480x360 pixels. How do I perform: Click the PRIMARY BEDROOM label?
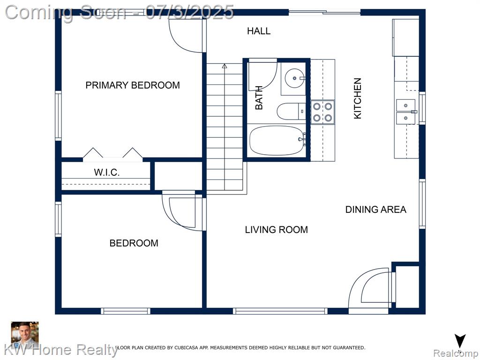(x=133, y=85)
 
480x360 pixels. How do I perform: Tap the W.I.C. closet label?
(x=106, y=172)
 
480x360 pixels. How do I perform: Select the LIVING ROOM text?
(x=277, y=230)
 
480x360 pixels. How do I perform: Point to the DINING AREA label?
(x=375, y=210)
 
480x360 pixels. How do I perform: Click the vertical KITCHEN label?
(x=358, y=98)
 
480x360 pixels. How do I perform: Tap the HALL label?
(x=259, y=31)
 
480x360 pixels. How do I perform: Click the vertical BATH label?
(x=259, y=97)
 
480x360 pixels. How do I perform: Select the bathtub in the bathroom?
(x=277, y=141)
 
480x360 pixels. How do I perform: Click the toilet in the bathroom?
(x=291, y=111)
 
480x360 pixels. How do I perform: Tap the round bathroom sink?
(x=294, y=78)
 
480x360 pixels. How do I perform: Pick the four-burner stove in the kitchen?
(x=322, y=112)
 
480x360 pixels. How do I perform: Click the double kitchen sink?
(x=406, y=112)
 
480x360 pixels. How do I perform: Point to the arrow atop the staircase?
(x=225, y=66)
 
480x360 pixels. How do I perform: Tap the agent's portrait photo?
(x=25, y=335)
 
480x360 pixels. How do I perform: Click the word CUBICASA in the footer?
(x=186, y=348)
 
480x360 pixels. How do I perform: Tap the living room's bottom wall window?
(x=280, y=311)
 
